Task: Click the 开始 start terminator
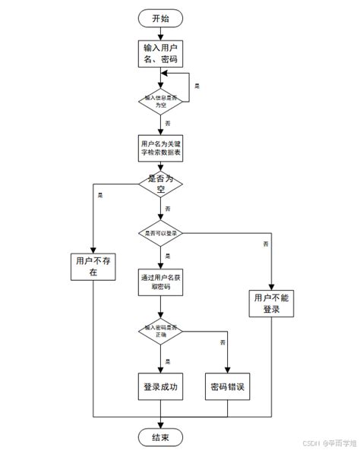click(160, 18)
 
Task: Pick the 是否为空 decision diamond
click(160, 183)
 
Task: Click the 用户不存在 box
click(92, 266)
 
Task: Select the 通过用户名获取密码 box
click(160, 282)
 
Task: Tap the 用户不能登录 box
click(271, 304)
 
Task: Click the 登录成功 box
click(160, 386)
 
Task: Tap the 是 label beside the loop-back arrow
click(197, 87)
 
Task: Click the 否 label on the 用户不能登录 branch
click(265, 244)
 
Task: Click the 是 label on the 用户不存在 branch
click(101, 195)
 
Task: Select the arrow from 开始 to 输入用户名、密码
click(160, 32)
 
